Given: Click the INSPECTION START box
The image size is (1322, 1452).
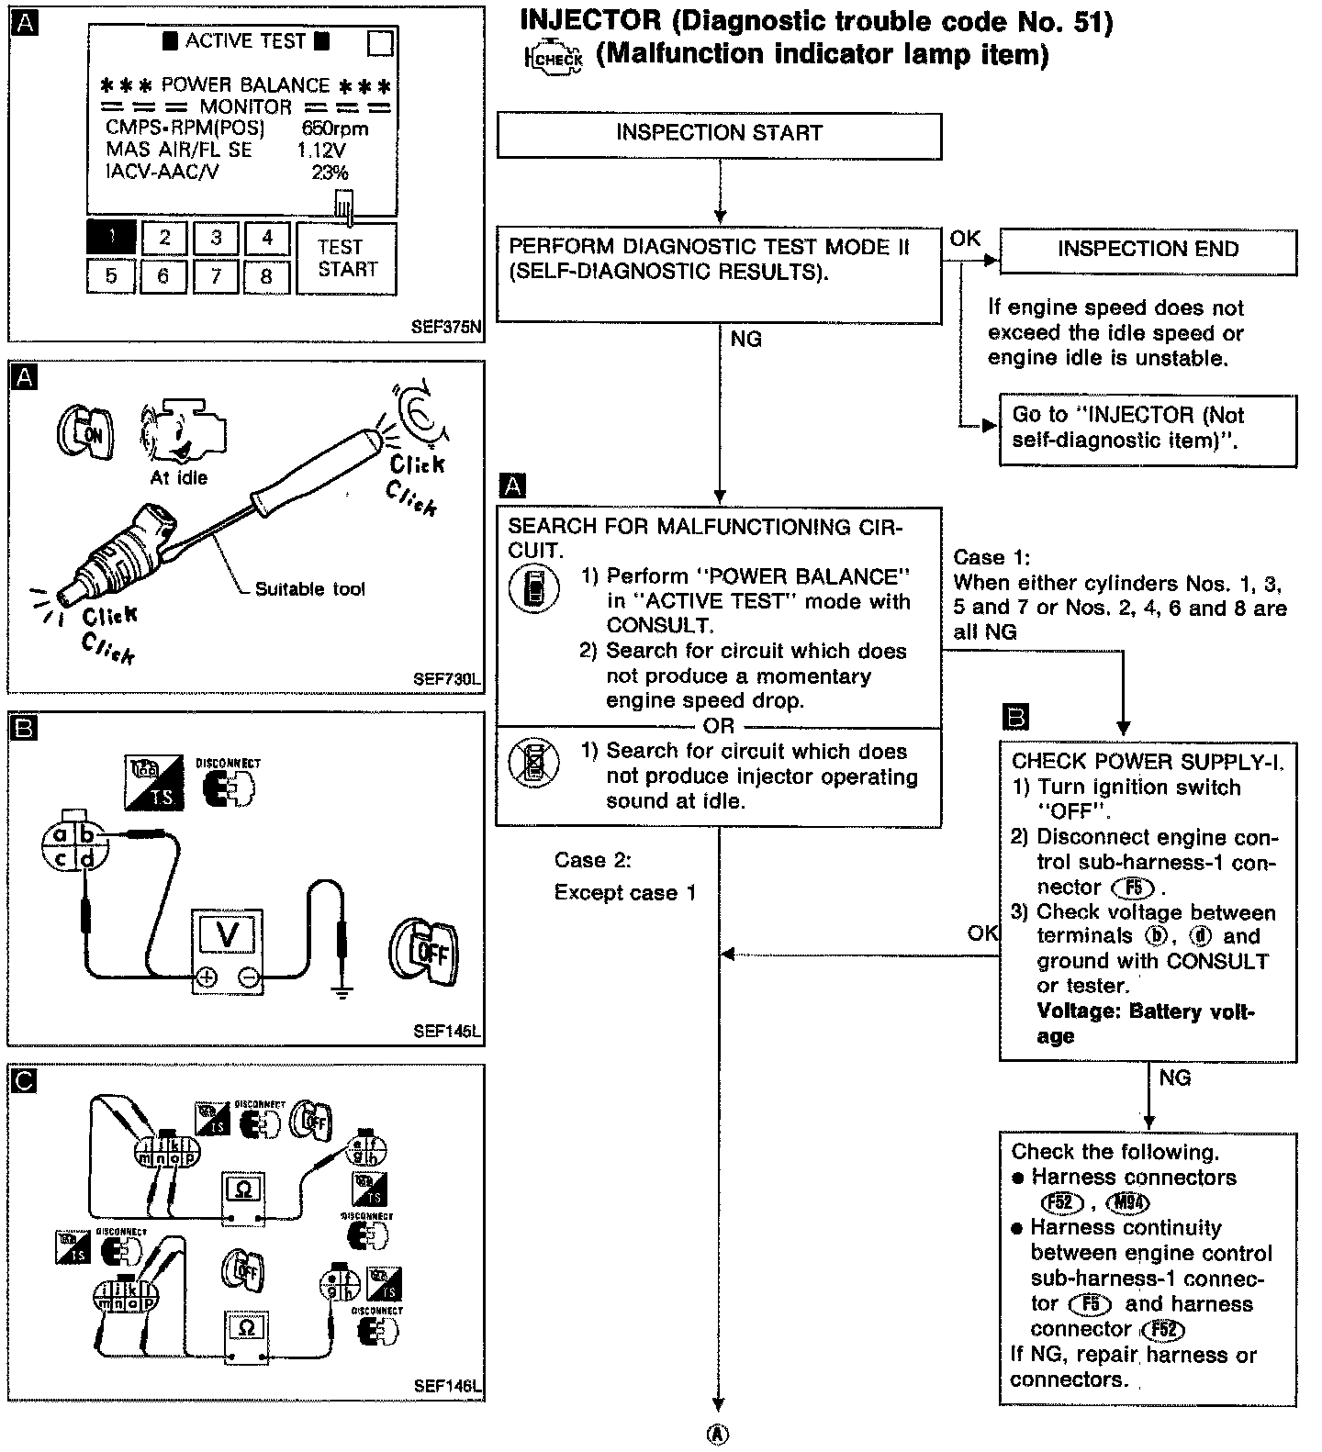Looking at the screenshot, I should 719,135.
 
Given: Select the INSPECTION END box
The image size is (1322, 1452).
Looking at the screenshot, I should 1148,250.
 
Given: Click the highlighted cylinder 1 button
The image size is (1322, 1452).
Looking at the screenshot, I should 111,237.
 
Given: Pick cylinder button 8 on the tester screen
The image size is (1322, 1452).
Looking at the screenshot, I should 266,276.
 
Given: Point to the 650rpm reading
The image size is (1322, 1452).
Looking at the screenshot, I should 334,128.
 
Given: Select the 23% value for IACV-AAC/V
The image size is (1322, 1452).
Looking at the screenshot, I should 330,173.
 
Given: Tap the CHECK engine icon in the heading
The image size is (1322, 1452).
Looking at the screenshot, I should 554,59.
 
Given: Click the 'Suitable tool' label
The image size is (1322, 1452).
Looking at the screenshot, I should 309,589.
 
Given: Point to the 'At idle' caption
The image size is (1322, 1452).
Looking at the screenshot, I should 179,478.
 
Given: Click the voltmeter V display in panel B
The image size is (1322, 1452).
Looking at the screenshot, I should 226,935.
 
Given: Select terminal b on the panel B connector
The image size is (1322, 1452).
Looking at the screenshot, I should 88,834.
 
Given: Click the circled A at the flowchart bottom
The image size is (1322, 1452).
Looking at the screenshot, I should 719,1435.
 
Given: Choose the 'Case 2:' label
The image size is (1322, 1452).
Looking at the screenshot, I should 592,860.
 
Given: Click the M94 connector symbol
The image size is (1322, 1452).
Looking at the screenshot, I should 1128,1203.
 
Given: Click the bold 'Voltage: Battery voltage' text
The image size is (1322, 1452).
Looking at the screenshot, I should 1145,1023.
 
